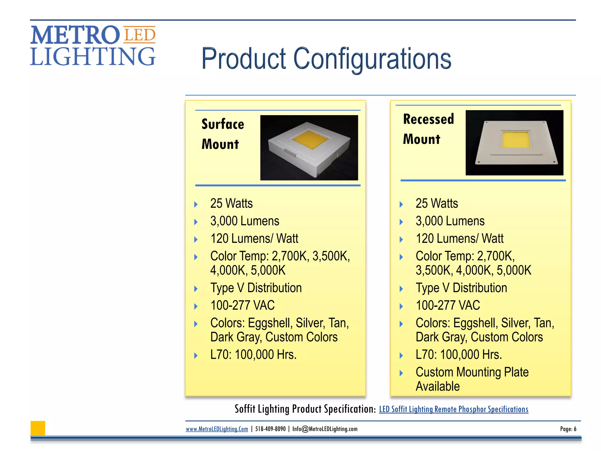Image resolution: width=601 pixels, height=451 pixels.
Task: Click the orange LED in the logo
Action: coord(139,35)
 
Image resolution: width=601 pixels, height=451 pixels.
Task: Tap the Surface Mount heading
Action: coord(222,134)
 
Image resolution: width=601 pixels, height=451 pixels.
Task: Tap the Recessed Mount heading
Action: coord(428,129)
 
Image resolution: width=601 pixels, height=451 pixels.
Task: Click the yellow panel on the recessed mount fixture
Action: coord(515,139)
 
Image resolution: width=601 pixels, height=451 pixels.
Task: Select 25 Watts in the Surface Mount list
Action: coord(231,203)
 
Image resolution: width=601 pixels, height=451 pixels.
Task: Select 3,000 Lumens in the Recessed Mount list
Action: coord(450,221)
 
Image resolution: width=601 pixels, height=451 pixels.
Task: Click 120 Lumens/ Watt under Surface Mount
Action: coord(254,238)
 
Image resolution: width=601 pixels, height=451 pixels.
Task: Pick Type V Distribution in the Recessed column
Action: coord(461,288)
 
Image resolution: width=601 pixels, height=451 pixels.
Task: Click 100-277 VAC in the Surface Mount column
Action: coord(242,305)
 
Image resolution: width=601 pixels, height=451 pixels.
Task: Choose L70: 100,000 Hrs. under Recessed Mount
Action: coord(459,355)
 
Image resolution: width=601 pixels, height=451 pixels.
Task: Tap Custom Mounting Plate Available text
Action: coord(472,379)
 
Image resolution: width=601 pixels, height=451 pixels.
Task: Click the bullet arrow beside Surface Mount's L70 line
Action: coord(196,356)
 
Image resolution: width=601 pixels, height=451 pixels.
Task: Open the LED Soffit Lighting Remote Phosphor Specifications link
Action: coord(453,409)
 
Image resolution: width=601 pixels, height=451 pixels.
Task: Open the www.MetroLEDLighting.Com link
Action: coord(217,429)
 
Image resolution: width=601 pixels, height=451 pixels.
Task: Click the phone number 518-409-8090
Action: coord(270,429)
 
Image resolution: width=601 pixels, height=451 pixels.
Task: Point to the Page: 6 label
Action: coord(568,429)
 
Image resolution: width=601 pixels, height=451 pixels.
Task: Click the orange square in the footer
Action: coord(38,428)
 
